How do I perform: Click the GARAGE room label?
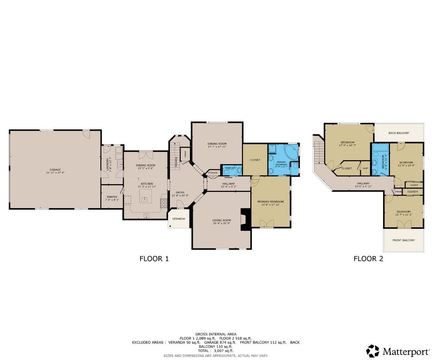pos(55,169)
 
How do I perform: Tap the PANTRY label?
pos(112,197)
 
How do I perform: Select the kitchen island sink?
pos(145,199)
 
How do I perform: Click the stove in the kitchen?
pos(163,203)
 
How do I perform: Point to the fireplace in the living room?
pos(245,219)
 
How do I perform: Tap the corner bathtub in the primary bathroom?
pos(292,152)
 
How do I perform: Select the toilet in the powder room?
pos(239,170)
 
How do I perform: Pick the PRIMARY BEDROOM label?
pos(271,201)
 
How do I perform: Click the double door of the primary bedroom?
pos(267,223)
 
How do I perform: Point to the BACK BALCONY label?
pos(399,133)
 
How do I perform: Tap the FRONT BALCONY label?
pos(403,240)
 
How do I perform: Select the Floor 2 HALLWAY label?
pos(363,183)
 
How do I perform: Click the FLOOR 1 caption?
pos(154,259)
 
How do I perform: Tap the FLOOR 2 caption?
pos(368,259)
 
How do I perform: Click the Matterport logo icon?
pos(372,351)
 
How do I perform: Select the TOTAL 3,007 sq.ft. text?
pos(216,351)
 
